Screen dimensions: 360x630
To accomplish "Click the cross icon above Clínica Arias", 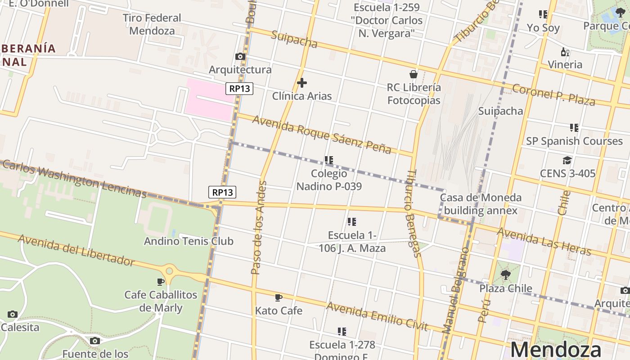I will coord(302,83).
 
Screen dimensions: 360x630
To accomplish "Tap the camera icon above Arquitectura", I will coord(240,56).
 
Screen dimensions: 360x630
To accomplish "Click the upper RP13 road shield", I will coord(239,89).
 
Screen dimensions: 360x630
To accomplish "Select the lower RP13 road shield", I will coord(222,192).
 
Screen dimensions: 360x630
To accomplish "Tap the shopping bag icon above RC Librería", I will coord(413,74).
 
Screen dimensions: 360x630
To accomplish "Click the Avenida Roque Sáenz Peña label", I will coord(321,135).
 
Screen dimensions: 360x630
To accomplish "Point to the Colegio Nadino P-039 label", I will coord(329,180).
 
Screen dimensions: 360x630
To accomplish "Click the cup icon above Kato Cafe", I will coord(278,297).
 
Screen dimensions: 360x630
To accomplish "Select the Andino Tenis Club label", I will coord(189,241).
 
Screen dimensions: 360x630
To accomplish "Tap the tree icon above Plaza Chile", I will coord(505,274).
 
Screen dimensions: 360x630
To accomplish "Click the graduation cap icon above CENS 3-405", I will coord(567,160).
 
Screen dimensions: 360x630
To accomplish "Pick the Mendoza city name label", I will coord(556,350).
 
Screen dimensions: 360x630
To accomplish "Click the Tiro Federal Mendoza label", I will coord(152,24).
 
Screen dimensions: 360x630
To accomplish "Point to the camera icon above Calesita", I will coord(13,314).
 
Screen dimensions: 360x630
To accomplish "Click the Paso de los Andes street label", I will coord(259,227).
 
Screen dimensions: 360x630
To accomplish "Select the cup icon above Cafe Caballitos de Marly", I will coord(161,282).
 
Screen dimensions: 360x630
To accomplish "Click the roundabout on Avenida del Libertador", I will coord(169,271).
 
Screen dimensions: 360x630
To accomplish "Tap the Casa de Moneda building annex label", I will coord(481,204).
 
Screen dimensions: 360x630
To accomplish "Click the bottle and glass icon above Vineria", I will coord(565,52).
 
